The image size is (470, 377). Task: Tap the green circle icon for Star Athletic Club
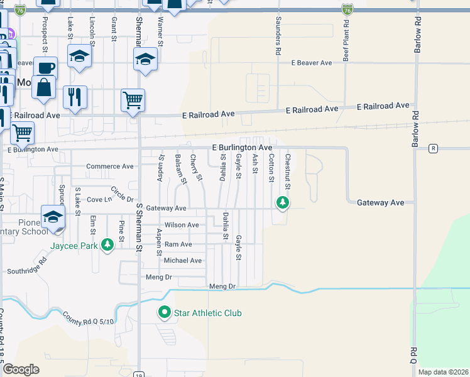point(165,312)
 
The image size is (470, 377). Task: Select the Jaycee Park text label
point(74,246)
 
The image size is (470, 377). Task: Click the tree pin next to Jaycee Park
point(107,243)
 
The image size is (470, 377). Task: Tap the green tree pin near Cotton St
point(283,202)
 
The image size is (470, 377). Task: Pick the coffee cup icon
point(45,67)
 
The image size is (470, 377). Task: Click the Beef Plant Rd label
point(346,39)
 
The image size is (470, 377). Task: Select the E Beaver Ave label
point(311,63)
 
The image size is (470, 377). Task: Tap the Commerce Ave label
point(110,167)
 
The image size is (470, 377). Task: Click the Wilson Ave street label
point(182,225)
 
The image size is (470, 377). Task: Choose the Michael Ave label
point(182,260)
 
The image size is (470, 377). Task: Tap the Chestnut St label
point(288,171)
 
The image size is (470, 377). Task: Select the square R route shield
point(433,149)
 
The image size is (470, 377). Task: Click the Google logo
point(21,369)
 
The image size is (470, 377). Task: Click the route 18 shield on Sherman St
point(139,374)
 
